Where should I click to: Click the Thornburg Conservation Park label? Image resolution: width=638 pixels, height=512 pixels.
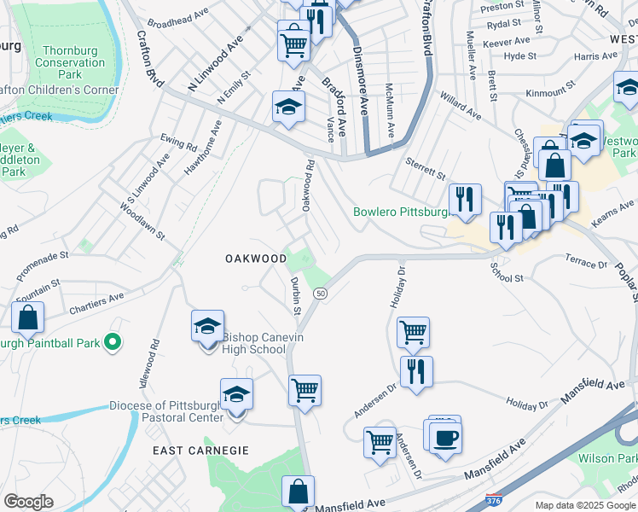(61, 63)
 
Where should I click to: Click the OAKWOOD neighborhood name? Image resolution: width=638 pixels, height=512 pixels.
(256, 259)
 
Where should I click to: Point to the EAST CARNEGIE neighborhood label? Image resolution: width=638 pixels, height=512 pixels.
(200, 451)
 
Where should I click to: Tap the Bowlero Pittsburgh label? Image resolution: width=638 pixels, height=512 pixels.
(400, 212)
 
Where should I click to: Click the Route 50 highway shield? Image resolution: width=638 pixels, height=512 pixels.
(320, 294)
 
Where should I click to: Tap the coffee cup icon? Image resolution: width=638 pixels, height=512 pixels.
(445, 439)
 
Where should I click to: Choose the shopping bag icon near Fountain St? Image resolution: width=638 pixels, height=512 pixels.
(28, 318)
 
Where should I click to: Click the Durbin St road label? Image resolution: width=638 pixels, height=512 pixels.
(294, 295)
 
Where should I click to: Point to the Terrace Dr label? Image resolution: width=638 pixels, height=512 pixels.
(585, 261)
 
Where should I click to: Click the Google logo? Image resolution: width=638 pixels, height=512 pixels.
(28, 502)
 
